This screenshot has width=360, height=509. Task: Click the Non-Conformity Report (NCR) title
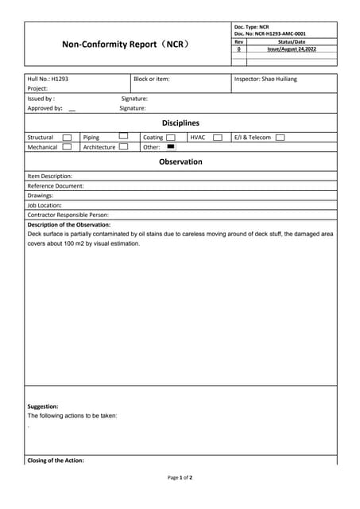click(x=126, y=45)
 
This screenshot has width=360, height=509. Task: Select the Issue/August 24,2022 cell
click(x=291, y=49)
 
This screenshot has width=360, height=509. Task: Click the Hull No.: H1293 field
click(x=48, y=79)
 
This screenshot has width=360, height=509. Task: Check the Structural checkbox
click(x=67, y=138)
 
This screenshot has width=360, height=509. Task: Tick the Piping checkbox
click(x=123, y=136)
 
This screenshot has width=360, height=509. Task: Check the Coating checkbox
click(x=171, y=138)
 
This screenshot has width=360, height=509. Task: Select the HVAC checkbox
click(x=217, y=138)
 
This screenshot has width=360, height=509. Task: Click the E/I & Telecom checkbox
click(x=280, y=138)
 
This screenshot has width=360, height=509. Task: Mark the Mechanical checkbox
click(x=67, y=147)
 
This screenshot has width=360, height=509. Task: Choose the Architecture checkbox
click(x=123, y=147)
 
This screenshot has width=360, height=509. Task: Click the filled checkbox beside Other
click(x=171, y=146)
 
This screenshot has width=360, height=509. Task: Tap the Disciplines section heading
click(x=180, y=123)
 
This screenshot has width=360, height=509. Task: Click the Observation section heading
click(x=180, y=161)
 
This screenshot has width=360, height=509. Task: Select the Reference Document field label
click(x=56, y=186)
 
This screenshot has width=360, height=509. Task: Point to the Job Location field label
click(x=45, y=205)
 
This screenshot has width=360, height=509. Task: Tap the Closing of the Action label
click(x=56, y=460)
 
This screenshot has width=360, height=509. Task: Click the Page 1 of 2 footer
click(x=180, y=478)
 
